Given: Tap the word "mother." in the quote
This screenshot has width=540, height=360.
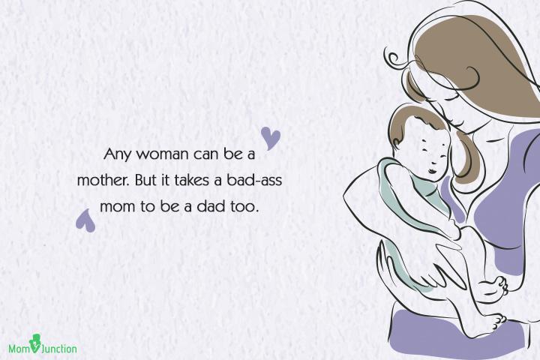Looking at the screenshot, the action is [x=103, y=180].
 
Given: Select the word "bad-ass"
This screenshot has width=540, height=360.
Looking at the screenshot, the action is [x=254, y=180].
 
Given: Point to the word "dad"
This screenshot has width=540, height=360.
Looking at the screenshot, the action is [x=210, y=207].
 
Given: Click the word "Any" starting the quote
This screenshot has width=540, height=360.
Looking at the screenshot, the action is [x=118, y=154].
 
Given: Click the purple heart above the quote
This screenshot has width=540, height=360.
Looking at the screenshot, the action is [x=271, y=138].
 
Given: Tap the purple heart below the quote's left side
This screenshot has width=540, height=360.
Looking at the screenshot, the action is [x=85, y=220].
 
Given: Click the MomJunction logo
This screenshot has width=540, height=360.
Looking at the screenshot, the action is [x=43, y=346].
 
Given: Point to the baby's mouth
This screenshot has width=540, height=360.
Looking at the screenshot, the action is [x=433, y=171].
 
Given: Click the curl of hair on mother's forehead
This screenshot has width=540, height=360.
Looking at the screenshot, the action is [x=394, y=59].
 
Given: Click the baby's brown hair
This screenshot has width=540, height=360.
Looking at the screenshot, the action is [x=409, y=118].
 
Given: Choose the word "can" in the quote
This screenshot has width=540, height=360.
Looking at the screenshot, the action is [x=206, y=154].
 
